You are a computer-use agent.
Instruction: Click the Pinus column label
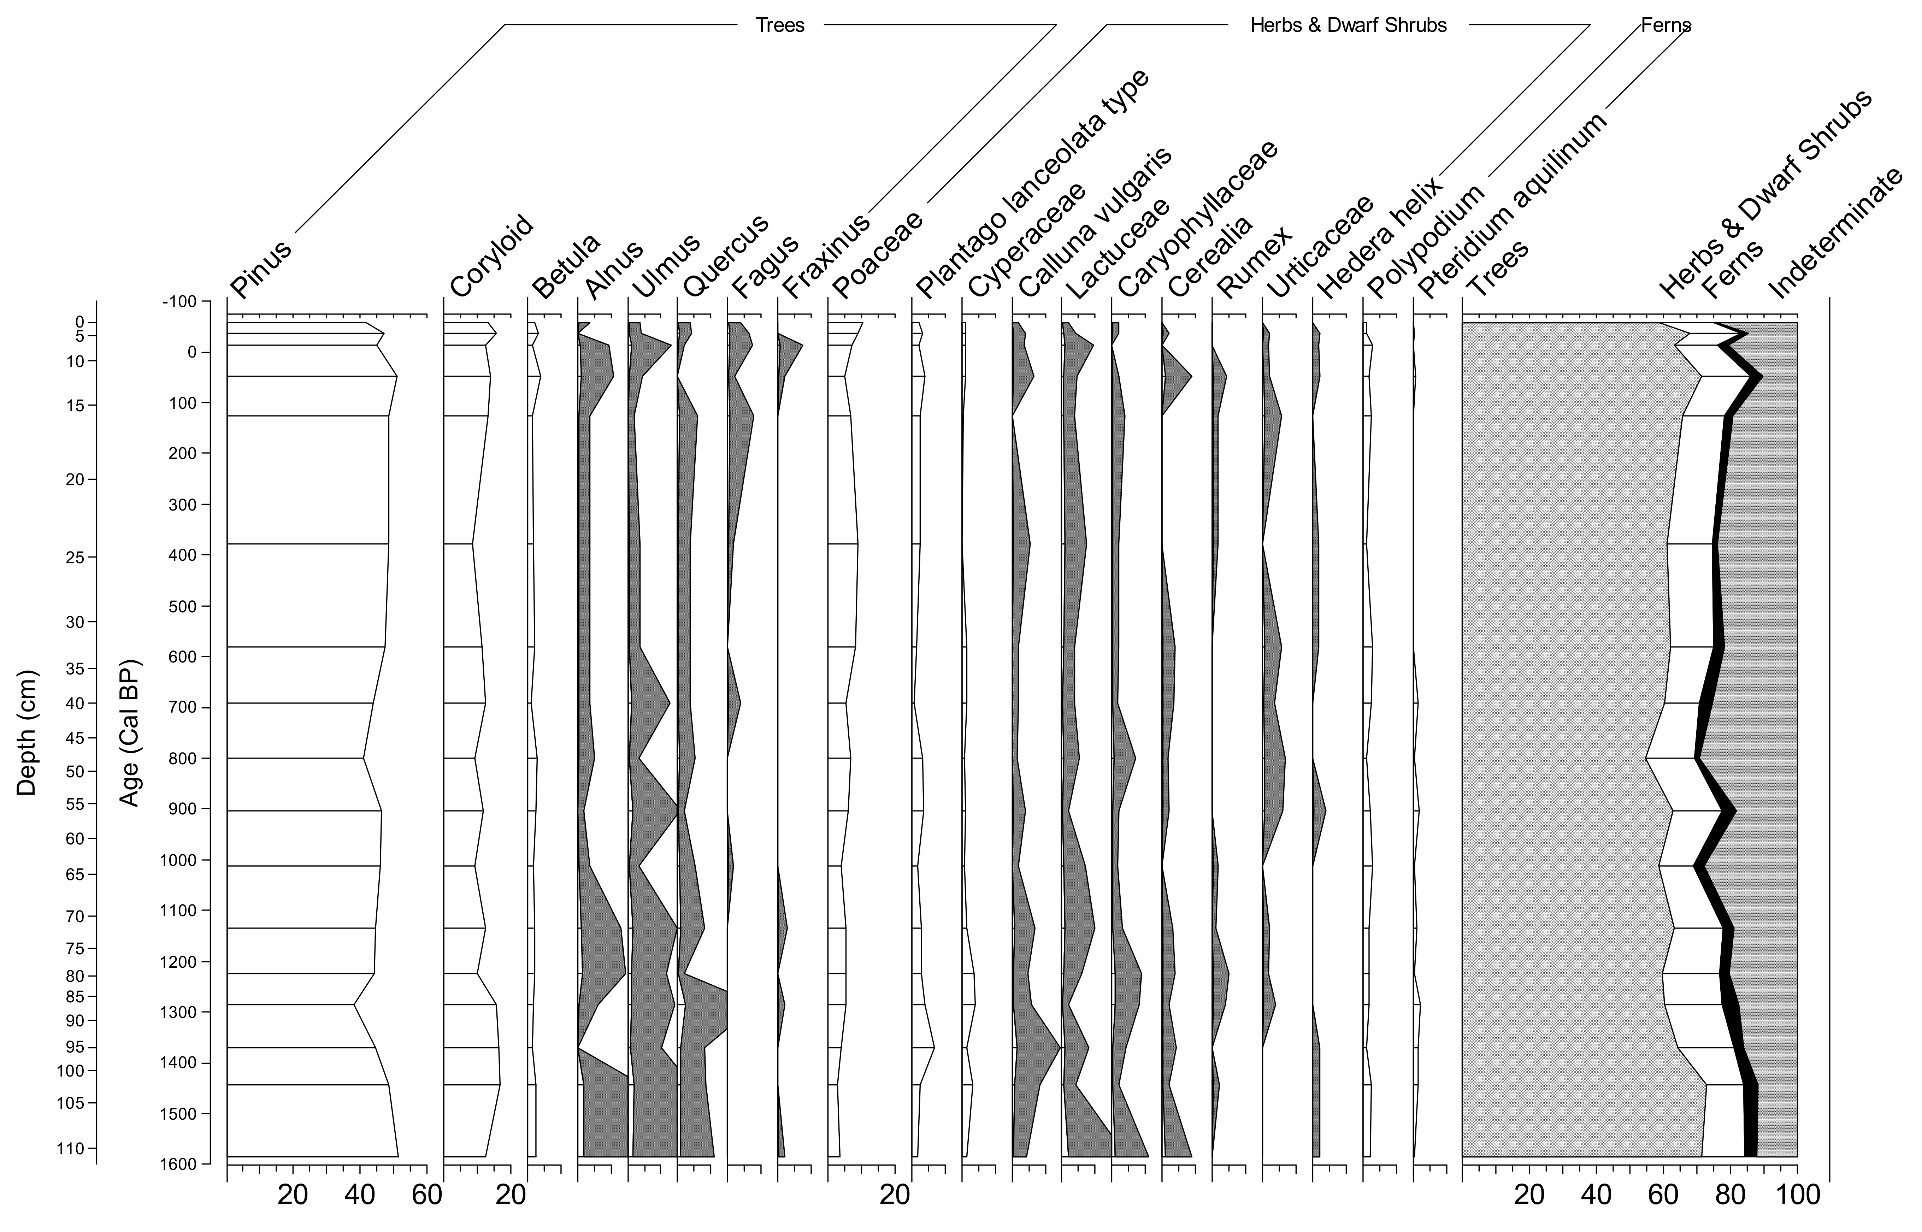tap(261, 268)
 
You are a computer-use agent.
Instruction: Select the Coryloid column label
tap(491, 256)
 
